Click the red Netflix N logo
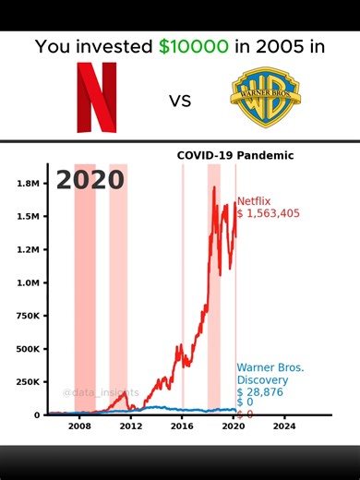coord(97,96)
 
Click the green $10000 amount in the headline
coord(193,47)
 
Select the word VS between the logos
coord(180,100)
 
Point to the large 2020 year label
coord(90,179)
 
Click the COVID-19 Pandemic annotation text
coord(235,155)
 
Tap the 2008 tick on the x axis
coord(78,427)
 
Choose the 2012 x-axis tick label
coord(130,427)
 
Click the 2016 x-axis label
coord(182,427)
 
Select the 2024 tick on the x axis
coord(284,427)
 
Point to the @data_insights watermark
coord(95,393)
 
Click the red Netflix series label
coord(255,201)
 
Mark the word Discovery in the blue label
coord(263,379)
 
